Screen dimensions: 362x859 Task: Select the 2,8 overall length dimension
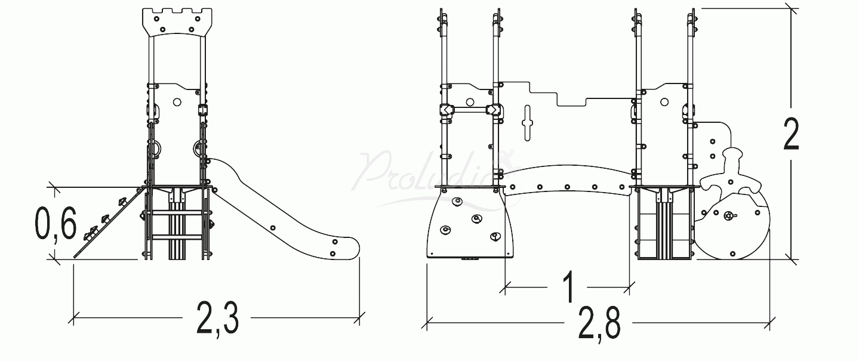click(599, 325)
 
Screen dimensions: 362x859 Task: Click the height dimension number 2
click(790, 135)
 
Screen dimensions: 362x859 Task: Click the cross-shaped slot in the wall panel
click(527, 122)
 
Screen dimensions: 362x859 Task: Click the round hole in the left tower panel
click(177, 102)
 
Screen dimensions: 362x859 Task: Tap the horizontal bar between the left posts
click(470, 110)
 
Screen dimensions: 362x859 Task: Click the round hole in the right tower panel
click(665, 102)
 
